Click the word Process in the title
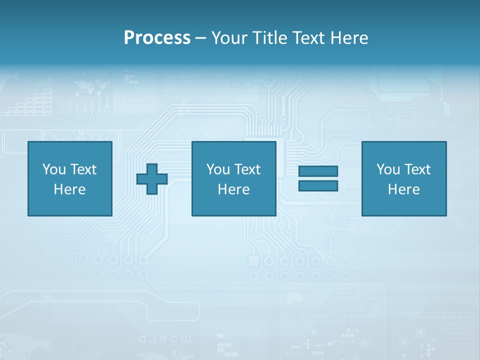(157, 37)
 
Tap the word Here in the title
(350, 37)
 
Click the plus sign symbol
(152, 179)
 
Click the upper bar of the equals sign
(318, 171)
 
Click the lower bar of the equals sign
(318, 186)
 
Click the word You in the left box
(54, 169)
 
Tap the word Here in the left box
(69, 189)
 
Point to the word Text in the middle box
(247, 169)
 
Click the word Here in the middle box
(233, 189)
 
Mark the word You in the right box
(388, 169)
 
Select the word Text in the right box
(417, 169)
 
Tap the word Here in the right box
(403, 189)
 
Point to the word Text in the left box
(83, 169)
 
